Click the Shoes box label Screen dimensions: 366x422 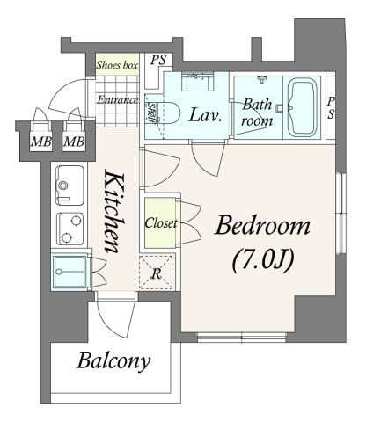click(x=117, y=65)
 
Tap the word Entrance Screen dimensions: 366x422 click(x=117, y=100)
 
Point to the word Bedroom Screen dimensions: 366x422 click(x=262, y=226)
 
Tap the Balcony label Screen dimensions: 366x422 click(x=113, y=361)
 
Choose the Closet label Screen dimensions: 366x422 click(x=161, y=223)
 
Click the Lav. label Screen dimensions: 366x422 click(x=205, y=114)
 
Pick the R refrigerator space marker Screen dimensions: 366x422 click(x=157, y=273)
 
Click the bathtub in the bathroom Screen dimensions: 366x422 click(x=303, y=108)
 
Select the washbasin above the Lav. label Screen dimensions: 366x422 click(x=197, y=82)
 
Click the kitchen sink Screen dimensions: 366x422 click(x=70, y=186)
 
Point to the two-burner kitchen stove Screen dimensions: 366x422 click(x=70, y=229)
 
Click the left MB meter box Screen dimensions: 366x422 click(x=41, y=142)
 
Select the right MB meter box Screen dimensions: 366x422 click(x=74, y=142)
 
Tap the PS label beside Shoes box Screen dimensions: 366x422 click(x=158, y=60)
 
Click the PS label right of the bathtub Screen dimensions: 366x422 click(x=331, y=107)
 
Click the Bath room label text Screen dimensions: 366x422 click(x=257, y=113)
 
